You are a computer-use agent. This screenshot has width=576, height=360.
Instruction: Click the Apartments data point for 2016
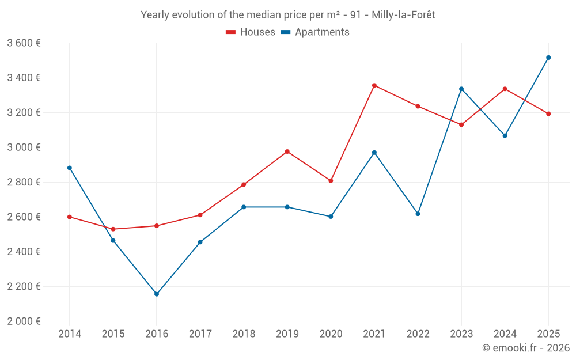point(157,294)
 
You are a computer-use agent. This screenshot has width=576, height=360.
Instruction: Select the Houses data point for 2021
point(374,85)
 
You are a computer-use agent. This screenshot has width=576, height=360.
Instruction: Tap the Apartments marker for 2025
point(548,58)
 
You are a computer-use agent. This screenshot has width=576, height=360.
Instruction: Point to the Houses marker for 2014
point(70,217)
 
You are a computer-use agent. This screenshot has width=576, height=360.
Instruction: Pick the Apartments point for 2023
point(461,89)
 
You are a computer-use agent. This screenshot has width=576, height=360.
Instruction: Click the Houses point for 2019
point(287,151)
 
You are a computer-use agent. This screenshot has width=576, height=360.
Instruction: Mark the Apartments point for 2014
point(70,168)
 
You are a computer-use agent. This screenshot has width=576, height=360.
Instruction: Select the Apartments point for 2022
point(418,214)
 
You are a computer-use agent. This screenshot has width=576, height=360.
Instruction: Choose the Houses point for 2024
point(505,89)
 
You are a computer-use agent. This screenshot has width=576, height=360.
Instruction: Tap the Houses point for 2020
point(331,181)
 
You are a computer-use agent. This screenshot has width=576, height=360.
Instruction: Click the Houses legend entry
point(251,32)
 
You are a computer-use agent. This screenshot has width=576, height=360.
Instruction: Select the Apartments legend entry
point(315,32)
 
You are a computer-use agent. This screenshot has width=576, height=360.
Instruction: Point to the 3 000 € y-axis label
point(24,147)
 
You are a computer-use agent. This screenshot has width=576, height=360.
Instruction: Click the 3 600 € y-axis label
point(24,43)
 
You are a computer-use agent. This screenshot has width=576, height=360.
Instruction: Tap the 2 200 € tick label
point(24,286)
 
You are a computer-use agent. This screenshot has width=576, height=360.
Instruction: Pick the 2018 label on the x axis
point(244,334)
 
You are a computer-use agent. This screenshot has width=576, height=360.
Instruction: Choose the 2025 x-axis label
point(548,334)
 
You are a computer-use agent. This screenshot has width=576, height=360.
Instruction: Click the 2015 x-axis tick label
point(113,334)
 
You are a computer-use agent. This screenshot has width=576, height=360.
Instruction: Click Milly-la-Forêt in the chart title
point(403,15)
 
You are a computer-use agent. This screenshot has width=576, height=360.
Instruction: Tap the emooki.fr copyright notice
point(526,348)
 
